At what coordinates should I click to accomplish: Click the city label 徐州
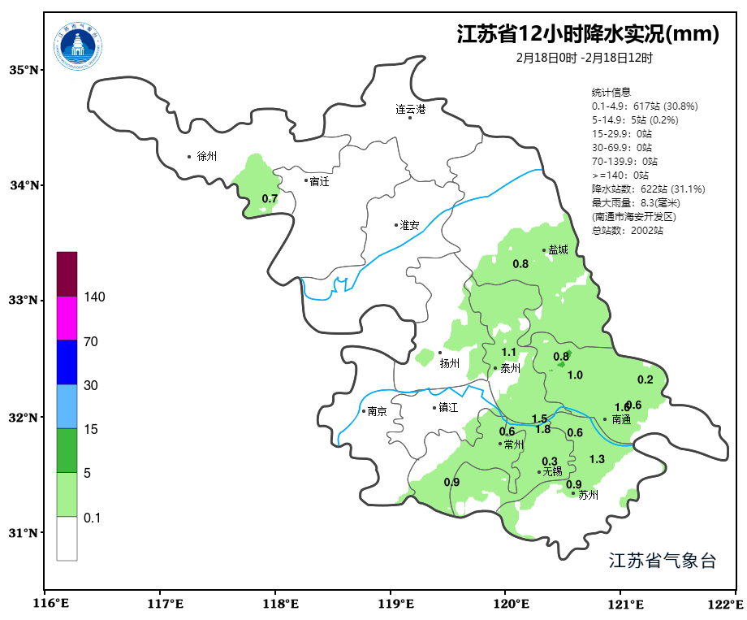pos(206,156)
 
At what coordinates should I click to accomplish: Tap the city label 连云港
pos(410,108)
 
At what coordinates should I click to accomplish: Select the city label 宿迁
pos(320,181)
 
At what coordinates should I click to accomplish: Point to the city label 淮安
pos(410,225)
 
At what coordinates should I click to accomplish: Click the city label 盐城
pos(559,250)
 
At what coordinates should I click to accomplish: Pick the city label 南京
pos(377,411)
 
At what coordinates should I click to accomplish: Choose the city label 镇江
pos(449,408)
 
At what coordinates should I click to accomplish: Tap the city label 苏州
pos(588,495)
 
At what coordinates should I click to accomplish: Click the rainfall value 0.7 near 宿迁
pos(270,199)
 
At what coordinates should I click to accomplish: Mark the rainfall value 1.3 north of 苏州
pos(597,459)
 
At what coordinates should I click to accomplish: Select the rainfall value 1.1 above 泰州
pos(509,352)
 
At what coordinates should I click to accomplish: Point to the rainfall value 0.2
pos(646,379)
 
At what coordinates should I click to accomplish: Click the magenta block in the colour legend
pos(67,318)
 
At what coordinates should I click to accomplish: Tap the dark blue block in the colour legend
pos(67,362)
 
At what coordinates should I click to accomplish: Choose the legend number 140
pos(95,297)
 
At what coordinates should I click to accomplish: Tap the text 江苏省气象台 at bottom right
pos(663,561)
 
